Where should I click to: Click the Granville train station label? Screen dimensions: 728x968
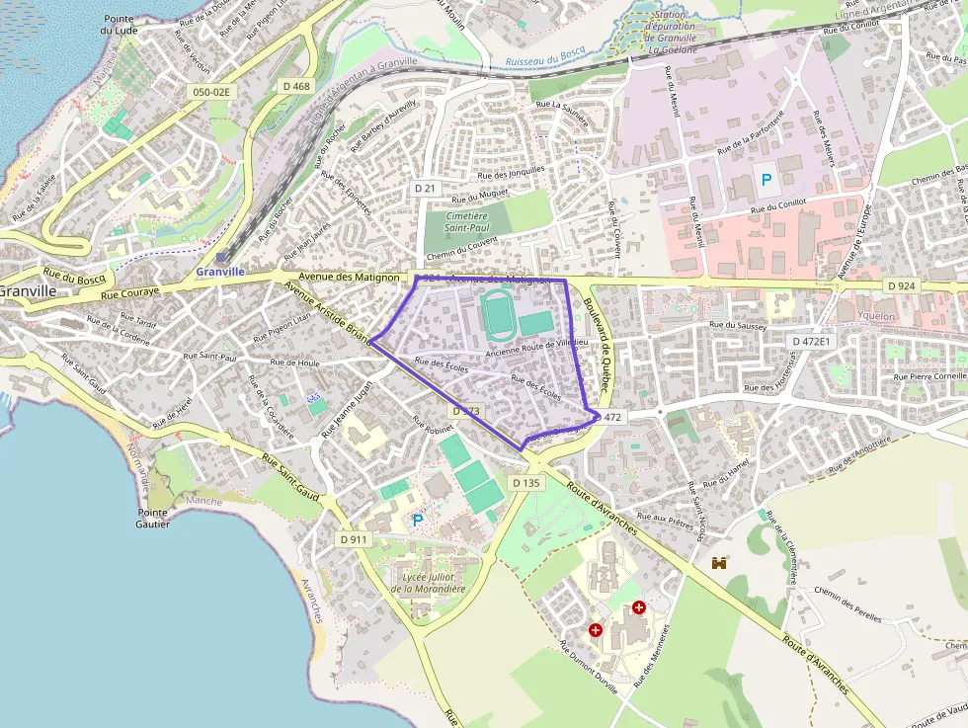(220, 272)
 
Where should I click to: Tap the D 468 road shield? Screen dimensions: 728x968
(296, 87)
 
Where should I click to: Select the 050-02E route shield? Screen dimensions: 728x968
(210, 92)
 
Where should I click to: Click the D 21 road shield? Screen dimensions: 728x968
(426, 188)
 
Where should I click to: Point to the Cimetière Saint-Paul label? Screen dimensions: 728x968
(466, 221)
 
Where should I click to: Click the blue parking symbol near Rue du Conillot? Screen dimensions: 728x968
(765, 181)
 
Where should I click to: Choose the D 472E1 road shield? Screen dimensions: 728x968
(813, 341)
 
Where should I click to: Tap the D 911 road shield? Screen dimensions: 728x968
(353, 539)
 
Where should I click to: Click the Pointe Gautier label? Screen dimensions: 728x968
(153, 518)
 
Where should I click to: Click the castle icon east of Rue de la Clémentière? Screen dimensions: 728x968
(719, 563)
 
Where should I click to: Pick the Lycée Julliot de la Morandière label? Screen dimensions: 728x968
(427, 583)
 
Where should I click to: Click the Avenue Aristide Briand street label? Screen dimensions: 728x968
(327, 311)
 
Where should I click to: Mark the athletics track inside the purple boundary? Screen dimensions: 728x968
(496, 315)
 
